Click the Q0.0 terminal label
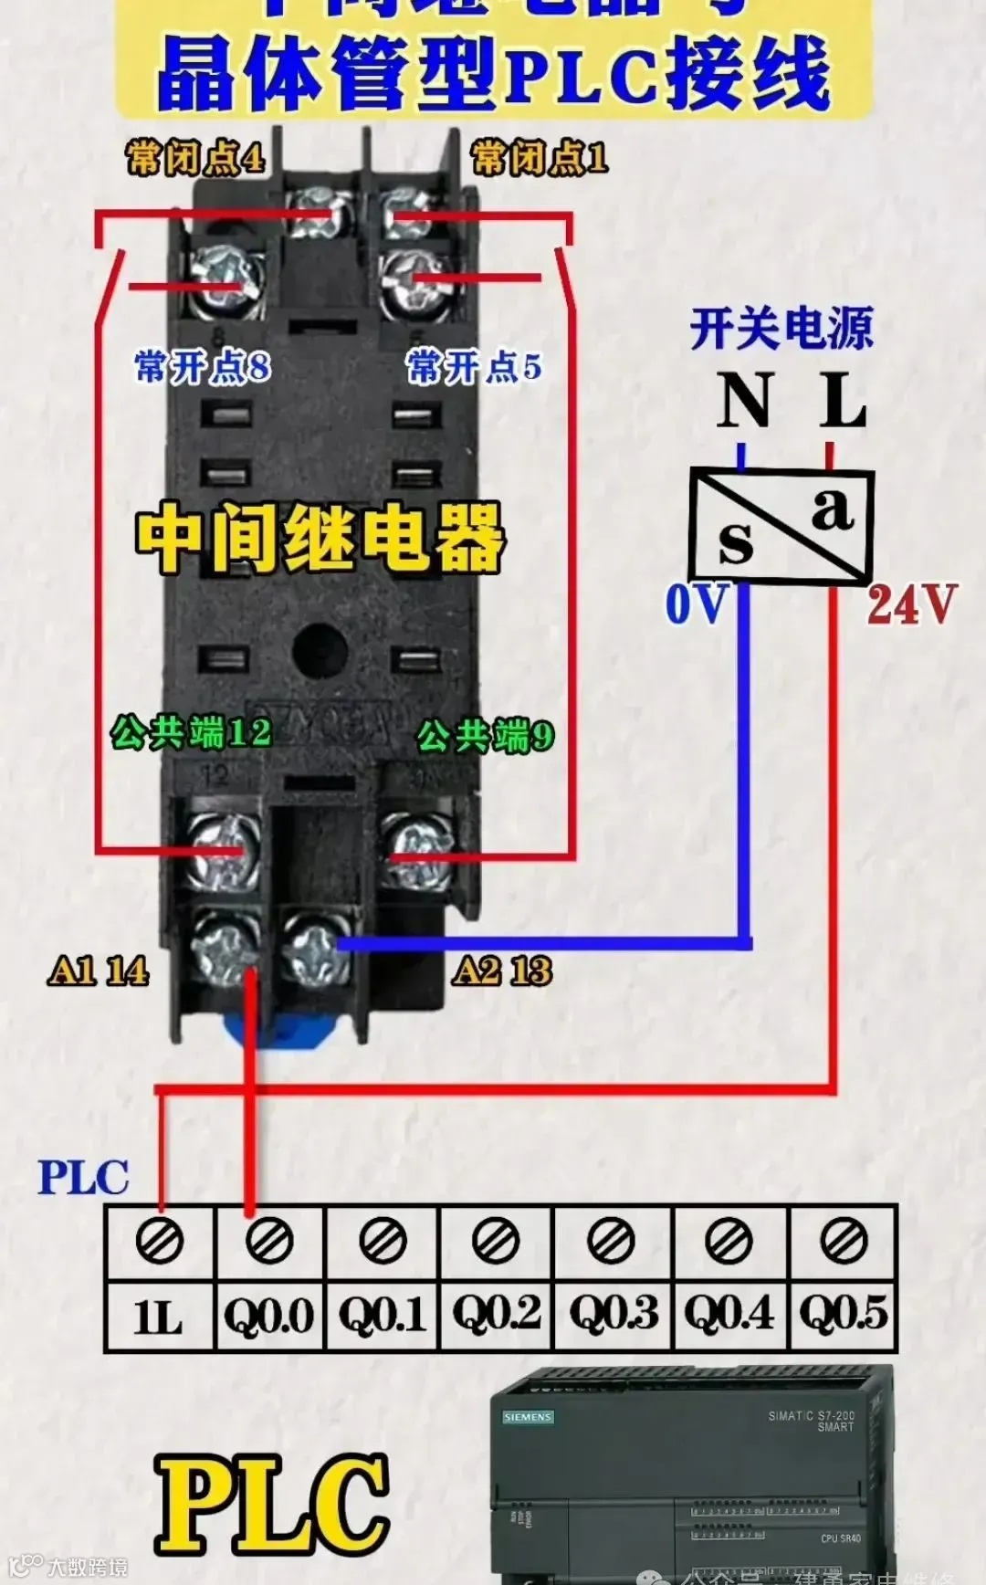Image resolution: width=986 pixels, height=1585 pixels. (269, 1316)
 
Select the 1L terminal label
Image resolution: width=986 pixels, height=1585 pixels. (159, 1316)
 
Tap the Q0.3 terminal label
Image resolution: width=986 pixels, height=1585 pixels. (613, 1316)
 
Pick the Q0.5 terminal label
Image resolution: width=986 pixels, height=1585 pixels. (843, 1316)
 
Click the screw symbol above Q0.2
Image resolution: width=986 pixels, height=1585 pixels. (496, 1241)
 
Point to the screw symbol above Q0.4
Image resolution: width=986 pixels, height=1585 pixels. (729, 1241)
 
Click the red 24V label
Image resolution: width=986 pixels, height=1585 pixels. (911, 604)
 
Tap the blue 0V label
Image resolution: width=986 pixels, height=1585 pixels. (697, 604)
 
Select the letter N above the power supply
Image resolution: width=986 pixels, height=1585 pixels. (745, 401)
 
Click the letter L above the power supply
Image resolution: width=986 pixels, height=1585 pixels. (842, 401)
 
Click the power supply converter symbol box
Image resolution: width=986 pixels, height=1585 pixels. (781, 526)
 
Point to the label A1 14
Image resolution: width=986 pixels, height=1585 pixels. (99, 971)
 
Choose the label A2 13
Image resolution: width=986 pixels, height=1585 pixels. (502, 971)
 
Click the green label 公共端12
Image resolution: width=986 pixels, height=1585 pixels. (191, 731)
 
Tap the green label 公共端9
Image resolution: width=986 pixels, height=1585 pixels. (485, 735)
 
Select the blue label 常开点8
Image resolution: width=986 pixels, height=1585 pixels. (202, 367)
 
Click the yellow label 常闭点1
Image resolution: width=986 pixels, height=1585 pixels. (539, 158)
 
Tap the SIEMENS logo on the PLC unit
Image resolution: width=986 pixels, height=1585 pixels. (528, 1418)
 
